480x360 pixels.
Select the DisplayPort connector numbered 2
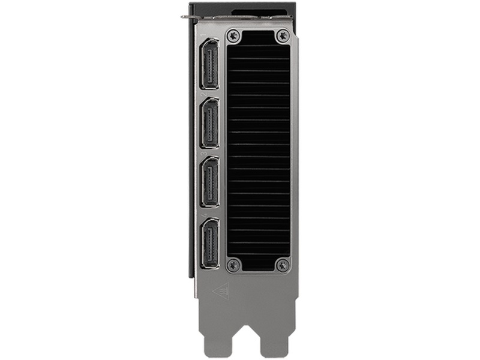click(209, 123)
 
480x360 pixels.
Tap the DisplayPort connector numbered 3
click(209, 181)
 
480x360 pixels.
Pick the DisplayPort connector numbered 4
click(209, 243)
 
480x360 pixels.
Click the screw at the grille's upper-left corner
click(234, 35)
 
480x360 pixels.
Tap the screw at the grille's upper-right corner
click(282, 35)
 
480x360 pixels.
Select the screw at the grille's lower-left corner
click(234, 264)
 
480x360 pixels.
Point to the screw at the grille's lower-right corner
click(282, 264)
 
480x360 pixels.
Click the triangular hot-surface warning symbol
click(220, 291)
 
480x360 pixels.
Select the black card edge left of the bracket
click(191, 150)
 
